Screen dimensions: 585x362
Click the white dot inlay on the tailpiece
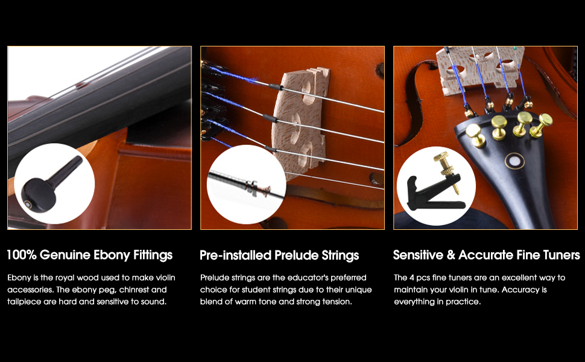515,161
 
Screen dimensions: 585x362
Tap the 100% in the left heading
22,255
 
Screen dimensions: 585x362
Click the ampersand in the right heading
451,255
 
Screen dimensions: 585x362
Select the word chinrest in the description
134,290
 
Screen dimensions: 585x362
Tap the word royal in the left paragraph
65,278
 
